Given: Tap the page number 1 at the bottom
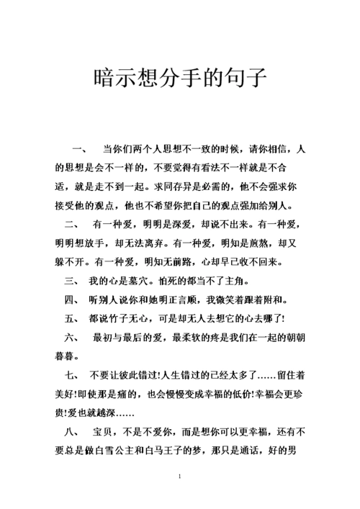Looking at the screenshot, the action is point(179,477).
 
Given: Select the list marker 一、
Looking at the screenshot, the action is point(79,149).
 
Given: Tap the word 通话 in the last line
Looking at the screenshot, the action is point(267,451).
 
